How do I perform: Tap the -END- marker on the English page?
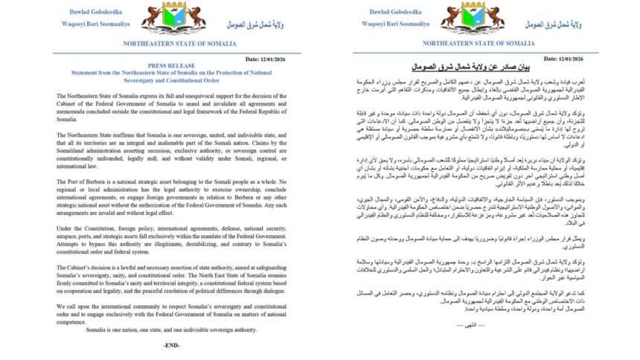(x=172, y=346)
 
